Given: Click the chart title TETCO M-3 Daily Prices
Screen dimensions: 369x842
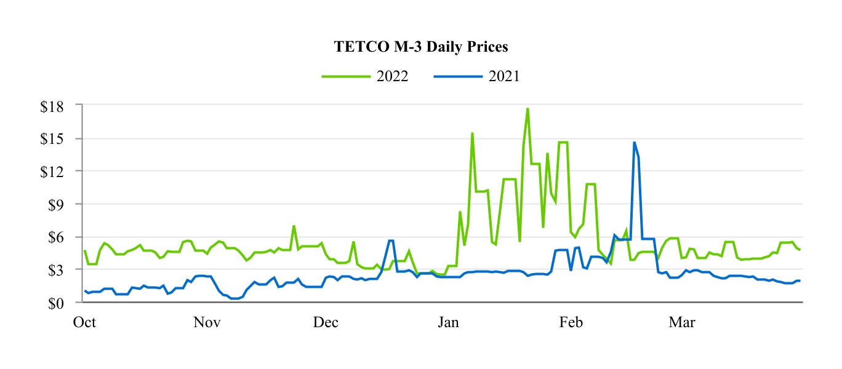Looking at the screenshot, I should [421, 47].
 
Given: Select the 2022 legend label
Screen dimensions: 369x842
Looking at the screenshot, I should [392, 76].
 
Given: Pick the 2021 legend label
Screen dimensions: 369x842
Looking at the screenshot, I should [503, 76].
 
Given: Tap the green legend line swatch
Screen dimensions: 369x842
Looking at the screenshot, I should [343, 76].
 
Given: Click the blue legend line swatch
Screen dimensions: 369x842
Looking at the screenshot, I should [455, 76].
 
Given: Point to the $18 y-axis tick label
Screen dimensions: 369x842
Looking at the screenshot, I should [60, 105].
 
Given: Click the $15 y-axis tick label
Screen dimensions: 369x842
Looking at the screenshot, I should [60, 138].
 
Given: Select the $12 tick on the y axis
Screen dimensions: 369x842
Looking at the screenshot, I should [60, 171].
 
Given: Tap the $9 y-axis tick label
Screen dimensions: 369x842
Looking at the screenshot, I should [64, 204].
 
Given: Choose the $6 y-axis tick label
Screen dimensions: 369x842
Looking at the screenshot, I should [64, 237].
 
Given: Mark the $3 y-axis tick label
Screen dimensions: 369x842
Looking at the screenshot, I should [64, 270].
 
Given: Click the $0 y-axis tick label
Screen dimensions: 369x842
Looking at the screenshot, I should [64, 303].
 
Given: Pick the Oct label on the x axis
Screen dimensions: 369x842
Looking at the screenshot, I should [84, 323].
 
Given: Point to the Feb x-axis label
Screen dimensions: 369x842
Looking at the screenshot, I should [569, 323].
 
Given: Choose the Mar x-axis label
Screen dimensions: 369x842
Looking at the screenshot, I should [682, 323].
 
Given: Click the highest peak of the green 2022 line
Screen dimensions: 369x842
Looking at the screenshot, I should [527, 109].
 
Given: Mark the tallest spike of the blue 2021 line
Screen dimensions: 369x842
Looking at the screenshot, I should [634, 143].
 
